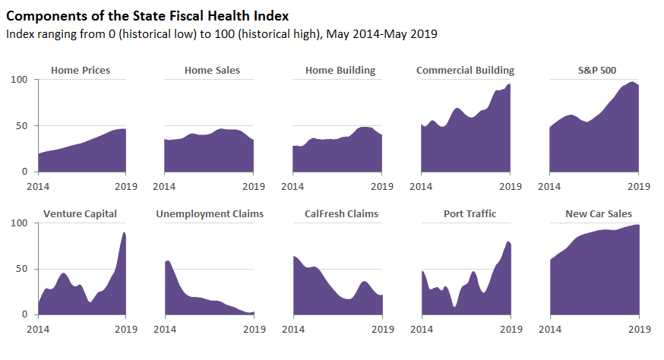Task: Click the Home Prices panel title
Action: point(81,71)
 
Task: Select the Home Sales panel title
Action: point(212,71)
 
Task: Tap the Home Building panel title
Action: point(340,71)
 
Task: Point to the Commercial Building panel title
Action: point(465,71)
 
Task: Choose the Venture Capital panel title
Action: point(81,214)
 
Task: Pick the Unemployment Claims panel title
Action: point(210,214)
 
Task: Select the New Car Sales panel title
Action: point(599,214)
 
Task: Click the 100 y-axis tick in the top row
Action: point(19,80)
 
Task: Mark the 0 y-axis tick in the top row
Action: point(25,172)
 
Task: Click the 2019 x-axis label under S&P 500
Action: point(638,185)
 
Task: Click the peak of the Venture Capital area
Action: point(125,232)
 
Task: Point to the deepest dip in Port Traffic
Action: point(454,306)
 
